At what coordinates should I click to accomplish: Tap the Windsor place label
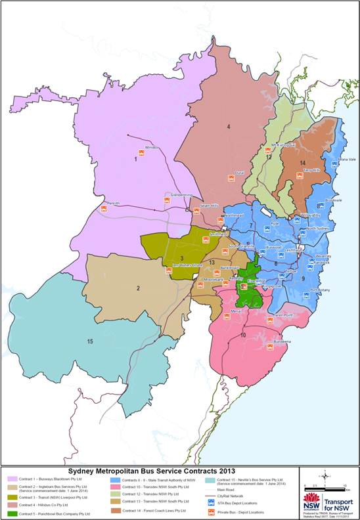[152, 148]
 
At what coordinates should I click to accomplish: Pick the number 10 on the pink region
[243, 336]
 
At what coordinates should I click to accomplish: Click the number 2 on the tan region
[138, 288]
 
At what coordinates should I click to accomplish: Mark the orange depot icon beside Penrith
[104, 209]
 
